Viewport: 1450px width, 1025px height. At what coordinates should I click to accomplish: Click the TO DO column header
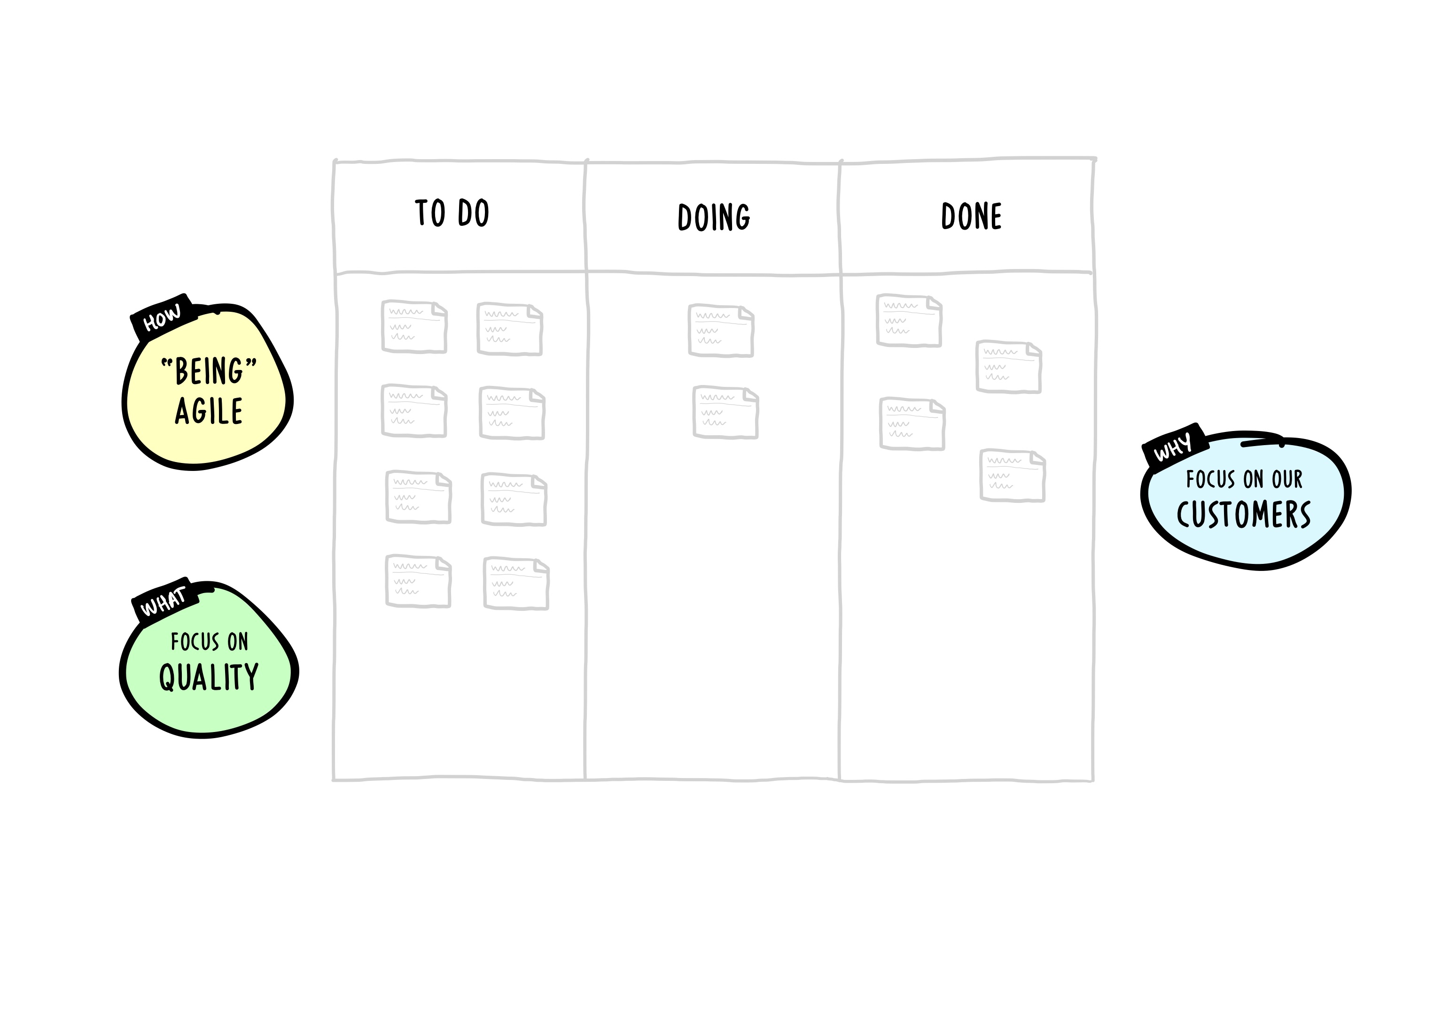coord(452,213)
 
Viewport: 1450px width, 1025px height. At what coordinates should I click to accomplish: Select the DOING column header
coord(714,217)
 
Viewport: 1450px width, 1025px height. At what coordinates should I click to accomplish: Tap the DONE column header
coord(971,216)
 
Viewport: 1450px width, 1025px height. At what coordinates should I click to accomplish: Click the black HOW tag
coord(162,317)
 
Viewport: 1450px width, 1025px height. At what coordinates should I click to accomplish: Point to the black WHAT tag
coord(164,600)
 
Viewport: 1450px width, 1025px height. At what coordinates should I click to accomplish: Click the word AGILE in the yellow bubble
coord(209,411)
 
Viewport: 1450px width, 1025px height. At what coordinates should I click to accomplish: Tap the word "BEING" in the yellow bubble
coord(209,370)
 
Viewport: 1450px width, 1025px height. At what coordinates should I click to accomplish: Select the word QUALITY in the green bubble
coord(209,677)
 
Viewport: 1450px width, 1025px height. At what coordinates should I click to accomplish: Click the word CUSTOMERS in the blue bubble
coord(1243,515)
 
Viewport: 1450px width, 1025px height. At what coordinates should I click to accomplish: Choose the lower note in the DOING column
coord(725,413)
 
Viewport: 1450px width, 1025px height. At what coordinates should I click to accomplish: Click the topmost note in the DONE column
coord(909,320)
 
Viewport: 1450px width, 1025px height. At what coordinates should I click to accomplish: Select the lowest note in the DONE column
coord(1013,475)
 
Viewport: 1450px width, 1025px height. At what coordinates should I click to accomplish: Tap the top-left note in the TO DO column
coord(414,326)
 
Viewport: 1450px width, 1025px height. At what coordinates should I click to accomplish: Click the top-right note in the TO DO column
coord(510,329)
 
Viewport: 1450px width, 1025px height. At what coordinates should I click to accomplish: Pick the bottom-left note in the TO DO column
coord(418,581)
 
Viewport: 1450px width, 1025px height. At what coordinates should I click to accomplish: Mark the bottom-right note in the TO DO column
coord(516,583)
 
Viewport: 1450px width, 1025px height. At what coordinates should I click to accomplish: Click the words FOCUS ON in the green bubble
coord(209,642)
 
